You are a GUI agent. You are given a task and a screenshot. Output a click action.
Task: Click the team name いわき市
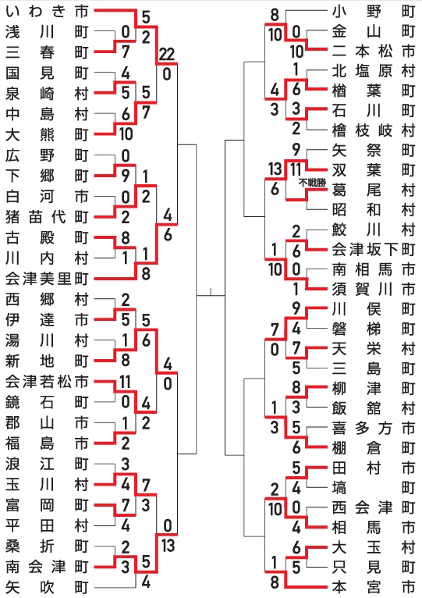[x=47, y=12]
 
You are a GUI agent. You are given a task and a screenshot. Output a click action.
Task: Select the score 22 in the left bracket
[x=167, y=55]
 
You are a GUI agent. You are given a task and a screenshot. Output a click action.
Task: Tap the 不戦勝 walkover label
[x=312, y=183]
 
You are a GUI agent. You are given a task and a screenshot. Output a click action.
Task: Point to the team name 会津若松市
[x=47, y=382]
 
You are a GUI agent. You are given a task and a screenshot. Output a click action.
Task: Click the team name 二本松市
[x=373, y=51]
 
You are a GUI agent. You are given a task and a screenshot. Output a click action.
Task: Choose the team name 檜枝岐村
[x=373, y=130]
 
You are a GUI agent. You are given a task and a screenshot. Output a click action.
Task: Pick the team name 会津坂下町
[x=373, y=249]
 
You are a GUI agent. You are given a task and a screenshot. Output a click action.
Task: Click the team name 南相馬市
[x=373, y=269]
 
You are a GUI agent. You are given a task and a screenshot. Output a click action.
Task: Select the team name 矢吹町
[x=47, y=587]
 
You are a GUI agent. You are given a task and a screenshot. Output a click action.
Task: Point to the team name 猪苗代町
[x=47, y=217]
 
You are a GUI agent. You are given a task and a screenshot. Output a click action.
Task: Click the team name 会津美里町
[x=47, y=279]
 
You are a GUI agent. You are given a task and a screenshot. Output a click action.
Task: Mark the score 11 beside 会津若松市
[x=125, y=382]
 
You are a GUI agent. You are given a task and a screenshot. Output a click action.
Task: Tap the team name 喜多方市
[x=373, y=429]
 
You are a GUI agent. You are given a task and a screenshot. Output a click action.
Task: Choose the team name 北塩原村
[x=373, y=71]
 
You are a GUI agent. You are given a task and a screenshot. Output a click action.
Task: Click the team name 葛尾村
[x=373, y=190]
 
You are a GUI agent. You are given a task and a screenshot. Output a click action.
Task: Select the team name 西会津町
[x=373, y=507]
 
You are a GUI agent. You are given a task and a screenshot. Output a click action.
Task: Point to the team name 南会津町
[x=47, y=567]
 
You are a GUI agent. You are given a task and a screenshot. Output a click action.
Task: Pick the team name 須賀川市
[x=373, y=290]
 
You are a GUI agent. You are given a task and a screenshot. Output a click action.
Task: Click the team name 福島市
[x=47, y=443]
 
